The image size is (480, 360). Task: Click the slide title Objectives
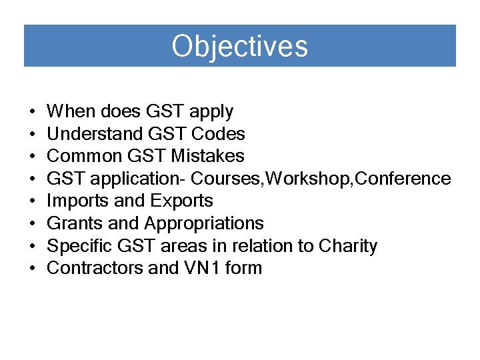(x=239, y=47)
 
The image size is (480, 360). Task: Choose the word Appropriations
(x=203, y=224)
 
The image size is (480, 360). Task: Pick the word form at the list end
(x=244, y=268)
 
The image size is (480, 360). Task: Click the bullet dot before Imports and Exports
(x=32, y=201)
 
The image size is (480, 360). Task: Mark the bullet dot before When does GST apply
(x=32, y=112)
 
